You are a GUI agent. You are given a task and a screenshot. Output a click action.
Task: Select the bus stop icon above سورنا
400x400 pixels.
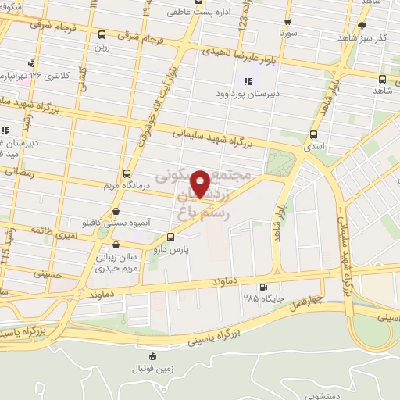tap(287, 23)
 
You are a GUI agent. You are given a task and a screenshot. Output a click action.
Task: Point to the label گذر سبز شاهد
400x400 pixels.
tap(370, 36)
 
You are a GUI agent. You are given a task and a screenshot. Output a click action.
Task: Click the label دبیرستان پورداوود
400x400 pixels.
tap(249, 92)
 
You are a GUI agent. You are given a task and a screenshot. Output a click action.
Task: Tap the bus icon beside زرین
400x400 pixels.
tap(102, 34)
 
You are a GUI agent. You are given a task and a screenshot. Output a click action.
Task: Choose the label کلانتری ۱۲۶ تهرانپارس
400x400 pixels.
tap(47, 76)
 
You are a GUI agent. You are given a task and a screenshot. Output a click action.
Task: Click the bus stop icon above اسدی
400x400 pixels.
tap(313, 134)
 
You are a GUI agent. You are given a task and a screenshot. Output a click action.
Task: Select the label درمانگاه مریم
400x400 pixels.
tap(127, 186)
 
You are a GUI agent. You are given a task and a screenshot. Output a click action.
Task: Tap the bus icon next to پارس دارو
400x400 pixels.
tap(171, 237)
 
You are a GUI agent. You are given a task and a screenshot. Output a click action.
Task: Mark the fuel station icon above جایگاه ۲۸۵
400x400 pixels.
tap(262, 287)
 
